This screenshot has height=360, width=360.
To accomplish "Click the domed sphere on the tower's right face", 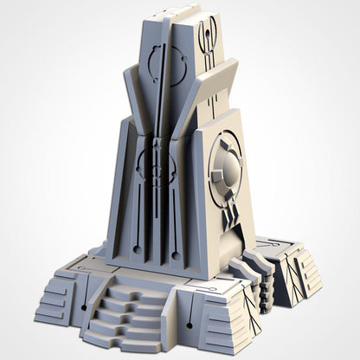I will pos(227,170).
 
